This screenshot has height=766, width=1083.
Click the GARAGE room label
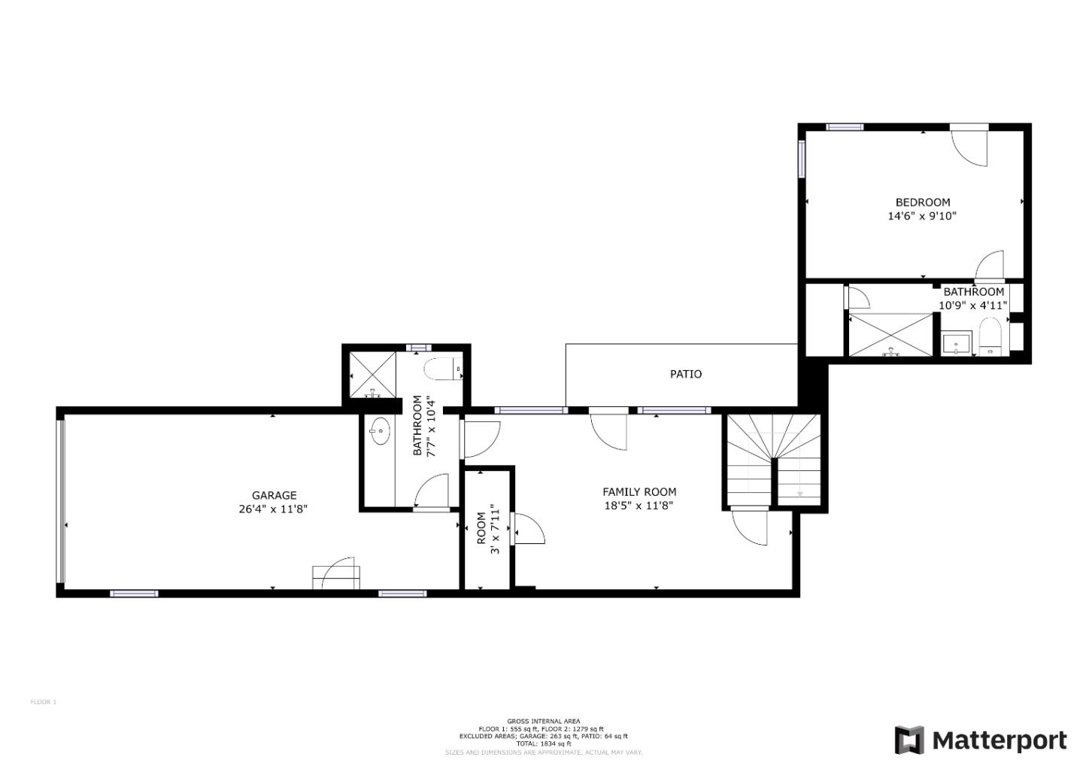coord(274,495)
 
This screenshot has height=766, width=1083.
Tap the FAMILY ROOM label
coord(639,492)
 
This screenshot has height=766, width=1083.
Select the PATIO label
coord(686,374)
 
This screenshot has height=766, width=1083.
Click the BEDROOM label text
coord(923,202)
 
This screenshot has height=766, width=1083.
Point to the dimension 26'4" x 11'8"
coord(274,509)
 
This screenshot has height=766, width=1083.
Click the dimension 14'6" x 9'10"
coord(923,216)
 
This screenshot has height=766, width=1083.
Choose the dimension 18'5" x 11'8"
coord(639,506)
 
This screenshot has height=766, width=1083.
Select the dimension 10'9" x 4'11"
coord(973,305)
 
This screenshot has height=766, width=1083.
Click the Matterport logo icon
coord(909,740)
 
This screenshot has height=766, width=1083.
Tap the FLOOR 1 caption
coord(44,702)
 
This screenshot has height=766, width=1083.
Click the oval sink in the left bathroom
coord(380,432)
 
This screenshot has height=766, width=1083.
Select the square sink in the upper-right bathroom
coord(957,344)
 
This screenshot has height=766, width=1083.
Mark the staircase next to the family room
coord(773,461)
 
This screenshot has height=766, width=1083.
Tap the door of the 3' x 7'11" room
coord(528,528)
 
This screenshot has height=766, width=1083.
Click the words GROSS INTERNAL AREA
coord(544,721)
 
